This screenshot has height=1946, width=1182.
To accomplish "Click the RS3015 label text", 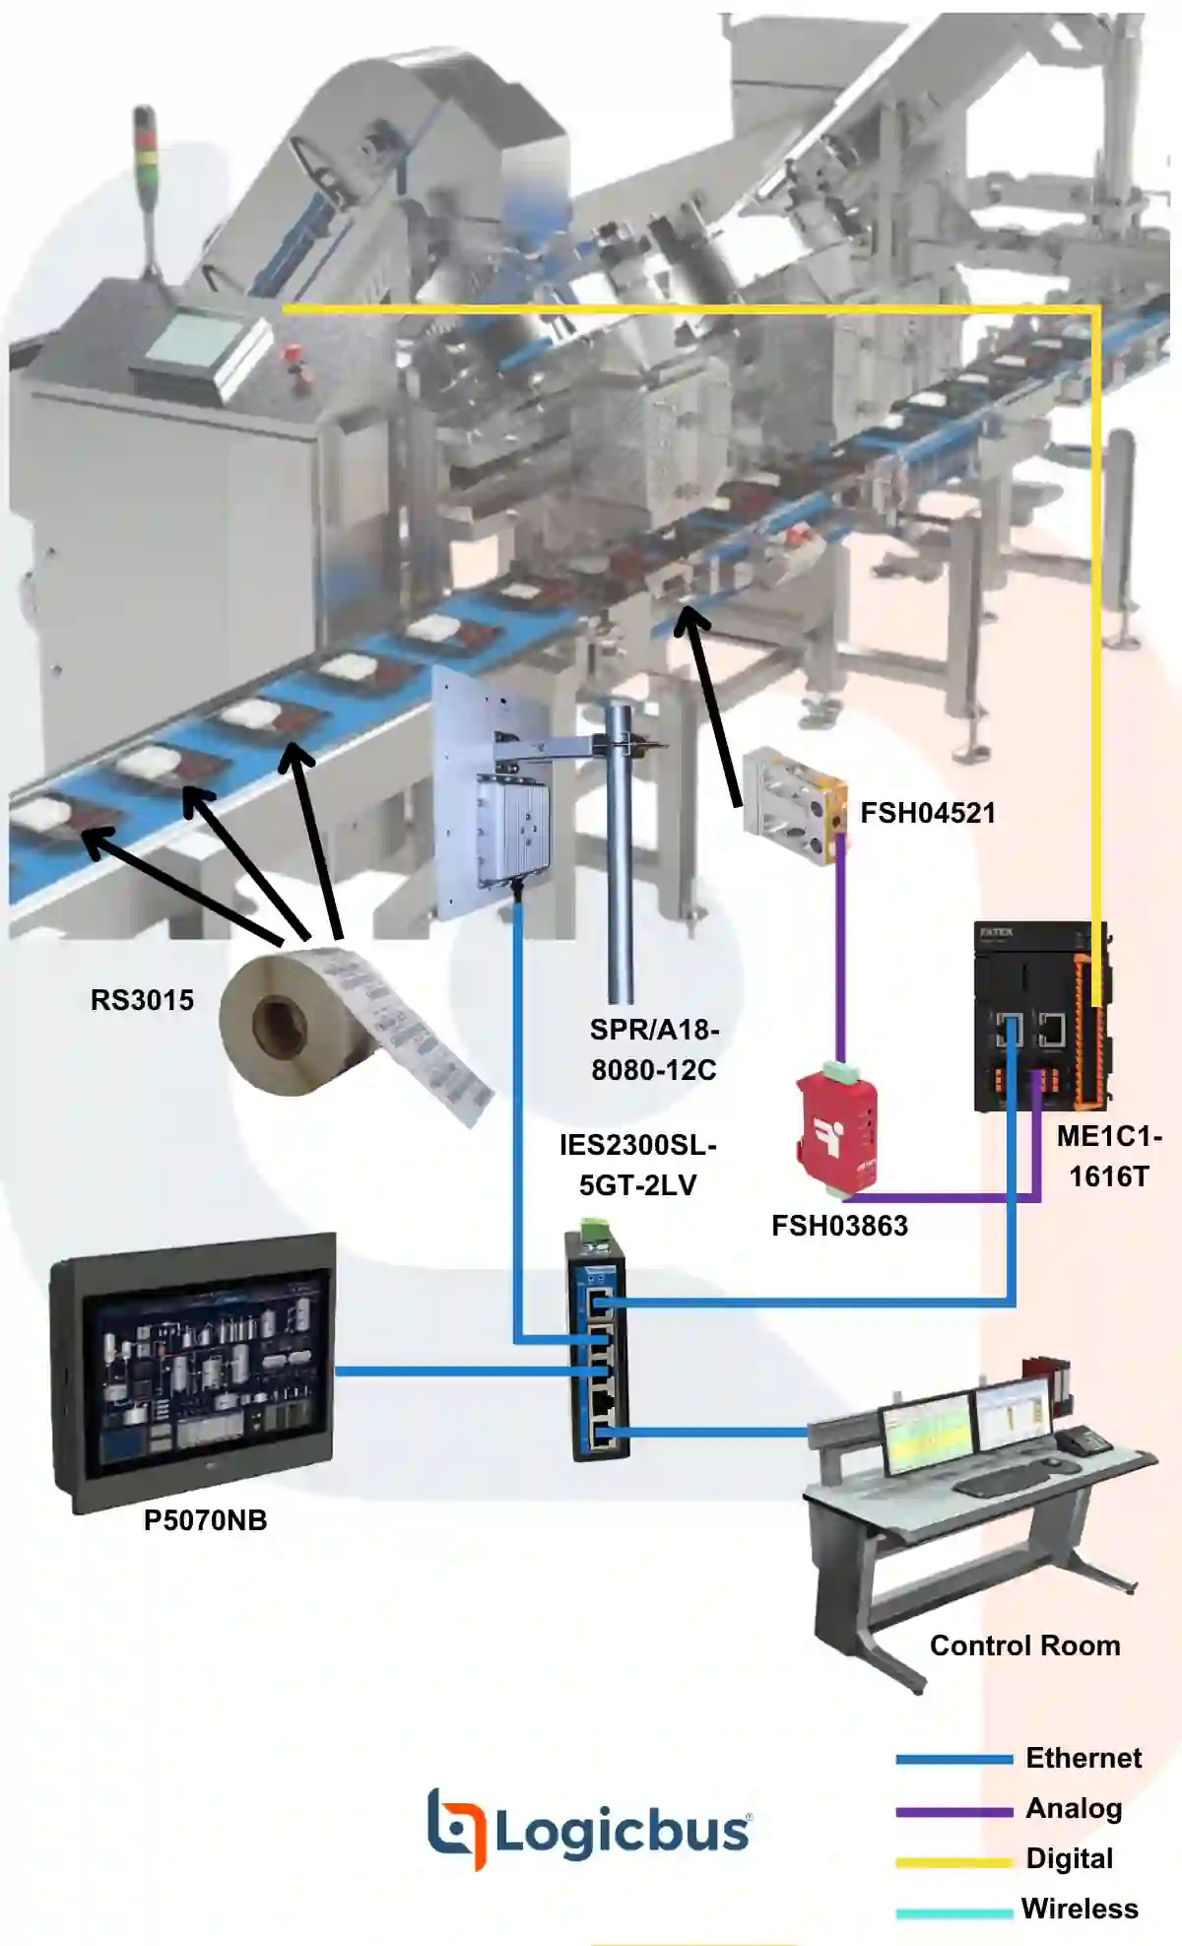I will [x=142, y=1000].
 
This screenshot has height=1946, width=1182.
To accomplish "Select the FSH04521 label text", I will [x=927, y=813].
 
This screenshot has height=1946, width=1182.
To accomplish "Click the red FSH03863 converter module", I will [x=836, y=1128].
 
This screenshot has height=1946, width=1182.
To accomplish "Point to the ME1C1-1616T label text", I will [x=1109, y=1156].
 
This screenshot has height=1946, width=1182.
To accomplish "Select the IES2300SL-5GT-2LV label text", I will [x=637, y=1165].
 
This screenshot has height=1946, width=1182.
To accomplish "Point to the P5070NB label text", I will [x=205, y=1520].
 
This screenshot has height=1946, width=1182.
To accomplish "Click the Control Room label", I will [x=1024, y=1645].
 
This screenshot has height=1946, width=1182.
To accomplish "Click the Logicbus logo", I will [x=589, y=1831].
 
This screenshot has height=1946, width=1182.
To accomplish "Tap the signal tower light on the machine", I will [x=145, y=158].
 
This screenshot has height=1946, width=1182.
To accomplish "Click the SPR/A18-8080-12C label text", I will [x=654, y=1049].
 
